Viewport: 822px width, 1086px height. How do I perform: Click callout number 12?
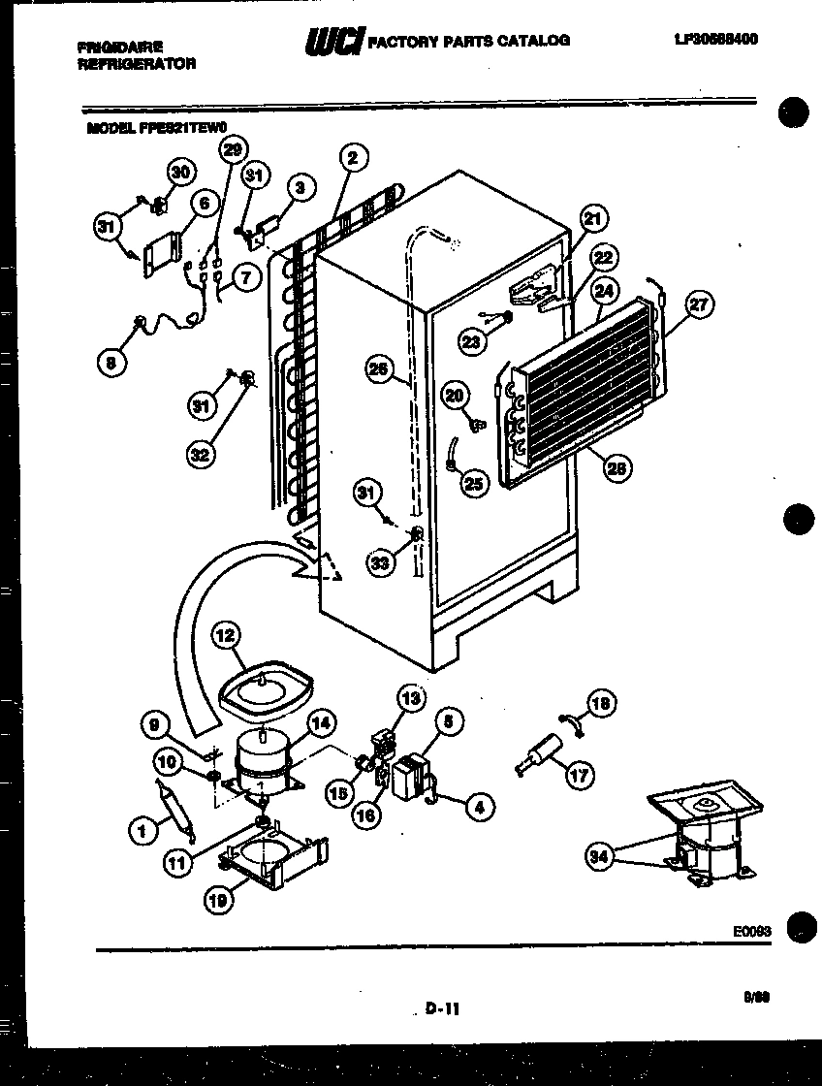coord(225,636)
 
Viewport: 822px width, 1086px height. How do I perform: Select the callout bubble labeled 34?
coord(601,855)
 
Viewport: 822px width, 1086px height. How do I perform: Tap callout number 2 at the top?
coord(353,157)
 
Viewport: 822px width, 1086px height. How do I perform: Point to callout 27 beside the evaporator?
coord(698,305)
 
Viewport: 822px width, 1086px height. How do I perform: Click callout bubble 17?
coord(581,776)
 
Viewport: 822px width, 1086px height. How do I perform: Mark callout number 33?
coord(381,562)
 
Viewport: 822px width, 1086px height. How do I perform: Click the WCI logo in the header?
coord(334,41)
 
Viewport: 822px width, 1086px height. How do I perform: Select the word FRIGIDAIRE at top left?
coord(123,47)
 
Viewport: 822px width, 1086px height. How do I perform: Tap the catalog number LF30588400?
coord(715,40)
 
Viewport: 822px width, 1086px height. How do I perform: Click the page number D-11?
coord(441,1009)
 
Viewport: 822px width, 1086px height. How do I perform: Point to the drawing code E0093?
coord(751,930)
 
